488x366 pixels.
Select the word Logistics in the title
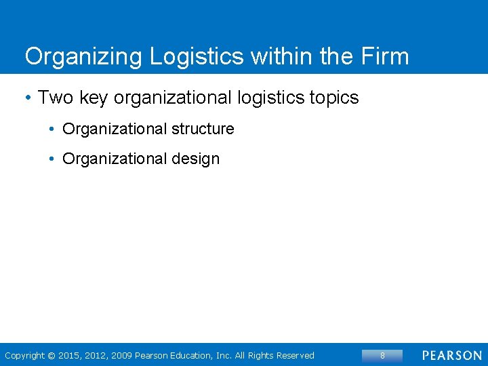click(x=197, y=57)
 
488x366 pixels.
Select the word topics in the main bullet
click(x=333, y=98)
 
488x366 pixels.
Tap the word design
click(x=196, y=159)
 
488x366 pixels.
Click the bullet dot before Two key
click(x=27, y=98)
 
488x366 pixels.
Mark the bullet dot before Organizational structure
click(x=52, y=129)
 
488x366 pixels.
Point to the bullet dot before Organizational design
click(x=52, y=159)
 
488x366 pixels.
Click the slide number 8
click(x=382, y=355)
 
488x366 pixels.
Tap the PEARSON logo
click(x=451, y=355)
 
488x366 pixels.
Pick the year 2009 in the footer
click(x=123, y=356)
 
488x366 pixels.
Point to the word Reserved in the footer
click(x=294, y=356)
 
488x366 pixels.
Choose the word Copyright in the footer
click(x=24, y=356)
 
